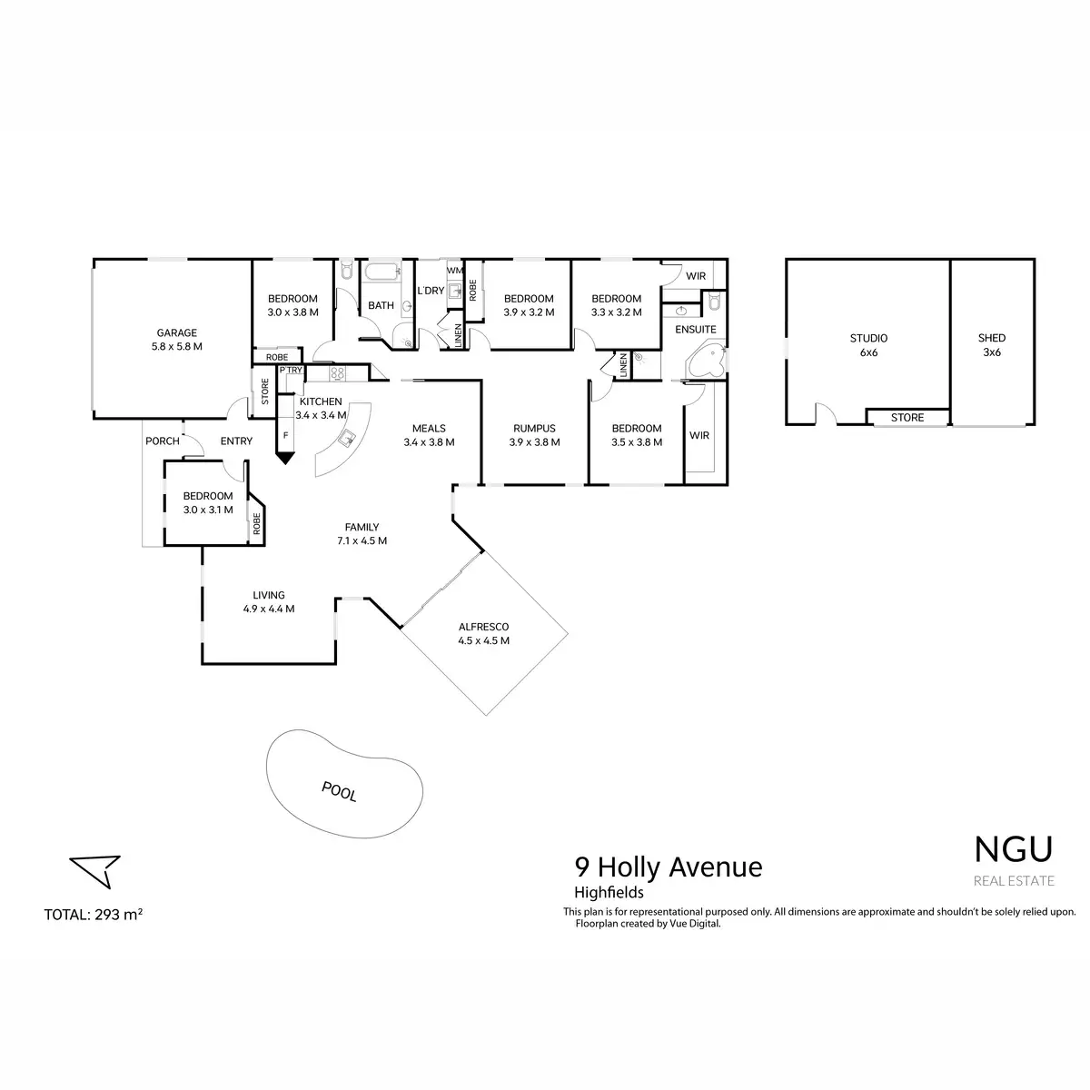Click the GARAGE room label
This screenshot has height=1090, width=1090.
[176, 333]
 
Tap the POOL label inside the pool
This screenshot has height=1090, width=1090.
[339, 791]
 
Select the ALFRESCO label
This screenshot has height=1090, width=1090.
[483, 628]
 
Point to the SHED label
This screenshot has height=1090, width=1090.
[992, 339]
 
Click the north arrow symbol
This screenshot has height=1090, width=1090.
[96, 869]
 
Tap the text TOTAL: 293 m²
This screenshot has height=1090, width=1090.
[94, 915]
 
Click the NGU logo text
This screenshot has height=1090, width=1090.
[1014, 848]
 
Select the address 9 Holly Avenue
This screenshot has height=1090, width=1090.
[668, 867]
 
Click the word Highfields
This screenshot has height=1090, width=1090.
[609, 893]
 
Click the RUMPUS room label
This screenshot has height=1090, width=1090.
[534, 429]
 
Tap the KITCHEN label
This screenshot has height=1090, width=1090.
[321, 401]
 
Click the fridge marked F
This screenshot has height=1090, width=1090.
[285, 436]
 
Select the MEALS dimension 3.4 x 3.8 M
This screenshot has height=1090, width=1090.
[429, 442]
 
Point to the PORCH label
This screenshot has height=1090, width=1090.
[163, 441]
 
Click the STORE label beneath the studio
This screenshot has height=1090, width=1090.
[907, 418]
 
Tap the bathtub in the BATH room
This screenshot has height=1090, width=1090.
[381, 272]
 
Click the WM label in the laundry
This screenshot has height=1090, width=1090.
[454, 270]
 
